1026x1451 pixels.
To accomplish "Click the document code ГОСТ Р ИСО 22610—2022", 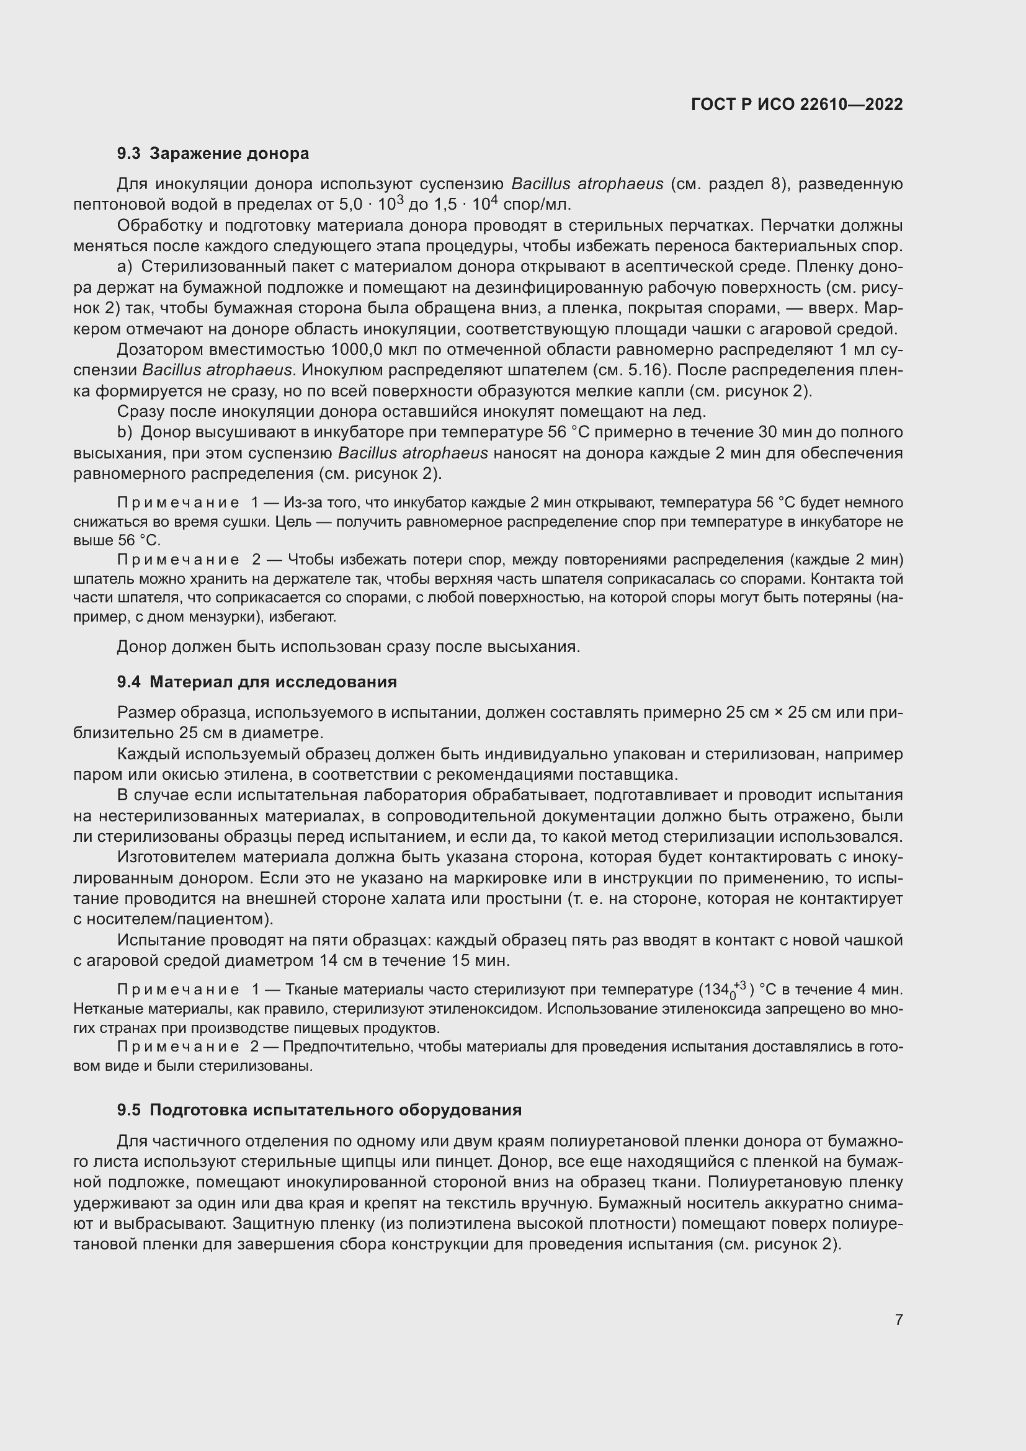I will [x=796, y=104].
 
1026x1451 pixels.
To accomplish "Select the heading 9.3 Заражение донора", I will [x=213, y=153].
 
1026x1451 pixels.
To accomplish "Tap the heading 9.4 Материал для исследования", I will [x=257, y=681].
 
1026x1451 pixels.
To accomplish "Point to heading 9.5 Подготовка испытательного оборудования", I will [x=319, y=1110].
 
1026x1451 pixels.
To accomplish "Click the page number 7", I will [x=898, y=1319].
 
